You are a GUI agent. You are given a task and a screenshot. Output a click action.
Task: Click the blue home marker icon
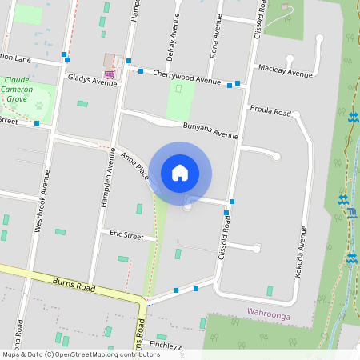coord(180,172)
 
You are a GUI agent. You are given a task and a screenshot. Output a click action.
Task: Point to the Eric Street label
coord(126,237)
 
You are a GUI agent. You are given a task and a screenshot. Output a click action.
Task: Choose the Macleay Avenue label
coord(285,73)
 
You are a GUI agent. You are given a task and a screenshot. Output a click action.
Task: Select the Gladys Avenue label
coord(92,81)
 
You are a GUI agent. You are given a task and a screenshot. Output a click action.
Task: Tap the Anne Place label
coord(135,166)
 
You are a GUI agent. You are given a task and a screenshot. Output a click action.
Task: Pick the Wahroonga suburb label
coord(267,315)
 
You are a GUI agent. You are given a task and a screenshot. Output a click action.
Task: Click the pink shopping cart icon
coord(109,74)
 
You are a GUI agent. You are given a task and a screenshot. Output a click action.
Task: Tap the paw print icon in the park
coord(38,104)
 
